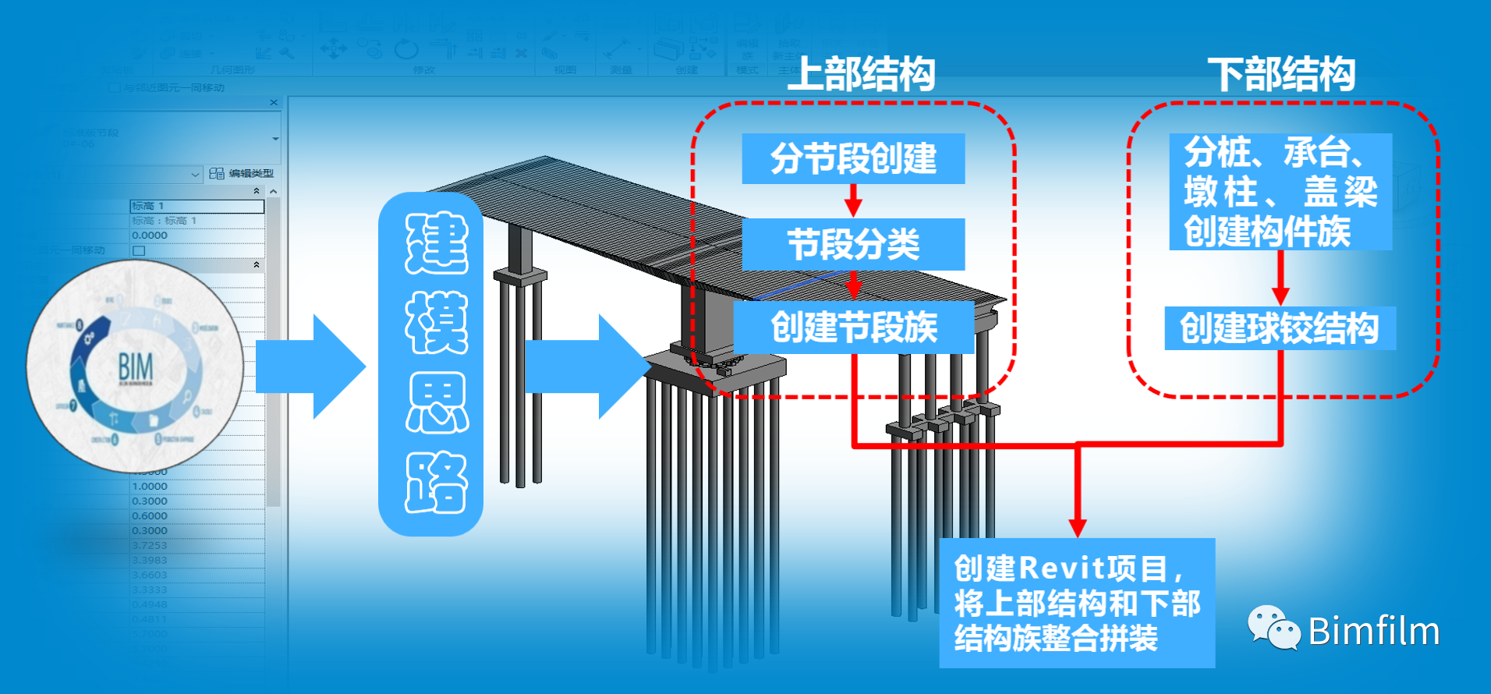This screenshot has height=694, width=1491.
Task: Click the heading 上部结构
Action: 860,75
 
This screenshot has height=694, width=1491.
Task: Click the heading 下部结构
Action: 1281,75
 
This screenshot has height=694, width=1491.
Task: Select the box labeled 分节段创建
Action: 853,158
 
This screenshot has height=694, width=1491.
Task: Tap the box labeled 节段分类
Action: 853,244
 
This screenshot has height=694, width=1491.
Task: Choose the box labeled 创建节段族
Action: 853,327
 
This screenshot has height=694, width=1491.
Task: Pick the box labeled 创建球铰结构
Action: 1279,328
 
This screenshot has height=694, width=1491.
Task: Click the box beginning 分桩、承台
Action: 1280,192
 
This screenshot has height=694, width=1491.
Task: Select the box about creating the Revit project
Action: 1076,603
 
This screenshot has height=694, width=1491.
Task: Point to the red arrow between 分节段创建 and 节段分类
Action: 853,201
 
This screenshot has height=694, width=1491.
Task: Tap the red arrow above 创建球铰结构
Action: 1280,281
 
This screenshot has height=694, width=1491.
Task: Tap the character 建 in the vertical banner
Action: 436,243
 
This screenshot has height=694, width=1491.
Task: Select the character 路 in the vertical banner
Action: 436,483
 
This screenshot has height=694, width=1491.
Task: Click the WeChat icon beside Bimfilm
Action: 1273,628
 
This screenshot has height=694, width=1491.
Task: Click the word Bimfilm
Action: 1373,631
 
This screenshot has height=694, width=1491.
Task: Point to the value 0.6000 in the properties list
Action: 150,515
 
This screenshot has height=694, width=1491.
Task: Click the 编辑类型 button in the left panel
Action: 243,173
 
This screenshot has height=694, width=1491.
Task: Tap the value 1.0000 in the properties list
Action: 150,486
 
